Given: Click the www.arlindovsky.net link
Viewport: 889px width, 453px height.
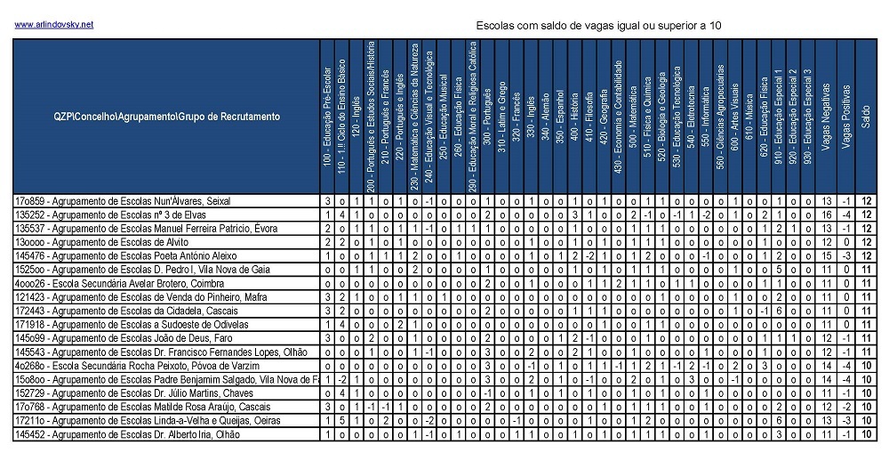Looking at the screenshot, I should pyautogui.click(x=53, y=24).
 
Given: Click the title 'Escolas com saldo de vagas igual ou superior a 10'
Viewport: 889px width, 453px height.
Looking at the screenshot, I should pyautogui.click(x=598, y=26).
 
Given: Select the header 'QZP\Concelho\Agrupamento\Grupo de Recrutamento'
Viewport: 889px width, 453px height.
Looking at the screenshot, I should pyautogui.click(x=166, y=117).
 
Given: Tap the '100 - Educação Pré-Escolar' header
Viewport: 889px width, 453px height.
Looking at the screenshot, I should pyautogui.click(x=328, y=117).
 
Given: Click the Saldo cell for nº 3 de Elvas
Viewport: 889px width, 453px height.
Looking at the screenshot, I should pyautogui.click(x=866, y=214).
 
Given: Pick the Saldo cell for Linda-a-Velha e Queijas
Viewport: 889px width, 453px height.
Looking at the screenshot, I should pyautogui.click(x=866, y=420).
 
